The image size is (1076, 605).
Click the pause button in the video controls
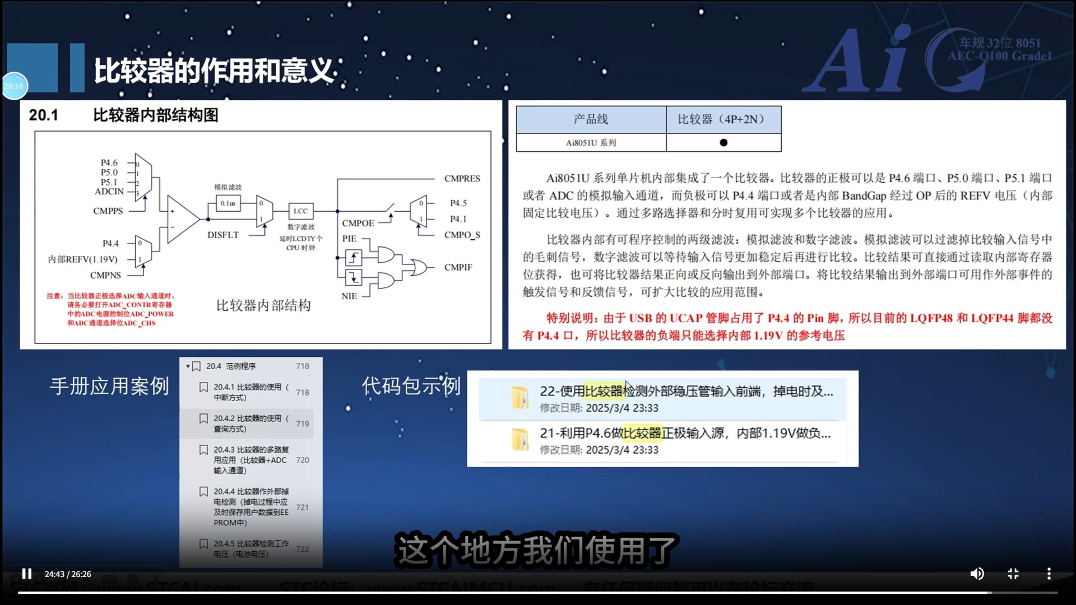26,574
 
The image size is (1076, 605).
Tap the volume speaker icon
977,574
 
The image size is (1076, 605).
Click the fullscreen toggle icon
1013,574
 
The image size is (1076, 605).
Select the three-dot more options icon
1049,574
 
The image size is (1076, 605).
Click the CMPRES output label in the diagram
462,179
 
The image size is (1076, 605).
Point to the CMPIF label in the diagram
458,267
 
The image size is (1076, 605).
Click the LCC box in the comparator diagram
300,211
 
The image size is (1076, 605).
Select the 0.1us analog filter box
228,203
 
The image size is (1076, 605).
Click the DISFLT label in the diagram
223,235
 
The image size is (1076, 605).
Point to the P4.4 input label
110,243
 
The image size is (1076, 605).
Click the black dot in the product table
723,143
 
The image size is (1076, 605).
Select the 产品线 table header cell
591,119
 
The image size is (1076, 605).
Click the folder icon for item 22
520,398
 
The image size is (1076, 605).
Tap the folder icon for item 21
520,440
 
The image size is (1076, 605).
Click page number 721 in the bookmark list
303,507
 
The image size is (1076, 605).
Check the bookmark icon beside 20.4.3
204,450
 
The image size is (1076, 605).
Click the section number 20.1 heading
44,115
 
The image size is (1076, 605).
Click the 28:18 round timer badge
15,86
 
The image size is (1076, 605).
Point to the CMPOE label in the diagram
358,223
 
